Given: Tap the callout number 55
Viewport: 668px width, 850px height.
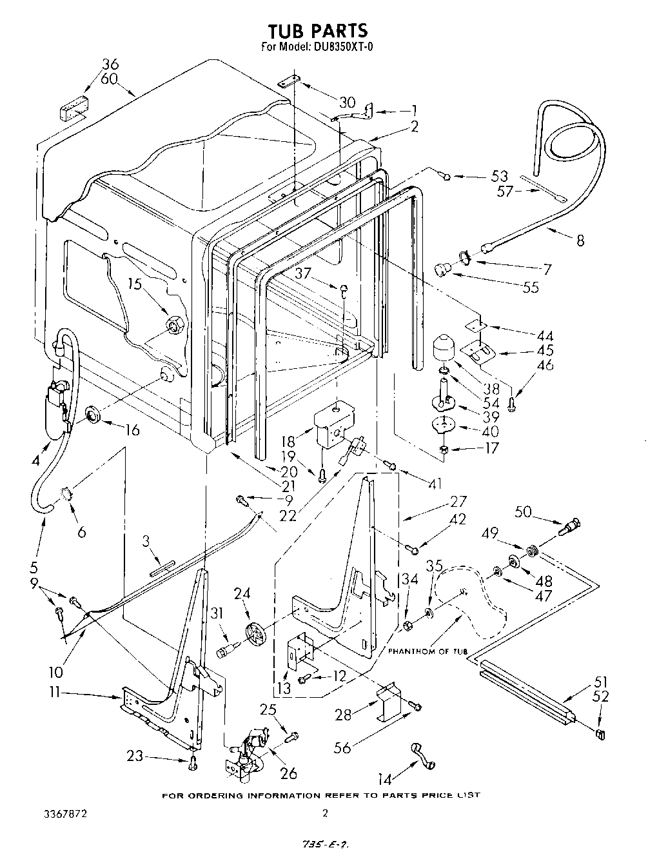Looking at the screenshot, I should (530, 288).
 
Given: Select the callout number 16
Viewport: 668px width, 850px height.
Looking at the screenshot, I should (131, 430).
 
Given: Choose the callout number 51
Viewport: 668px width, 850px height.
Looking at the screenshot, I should (600, 682).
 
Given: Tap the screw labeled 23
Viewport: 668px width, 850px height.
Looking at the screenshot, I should (192, 764).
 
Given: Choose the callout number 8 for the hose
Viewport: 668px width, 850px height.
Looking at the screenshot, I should (580, 241).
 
